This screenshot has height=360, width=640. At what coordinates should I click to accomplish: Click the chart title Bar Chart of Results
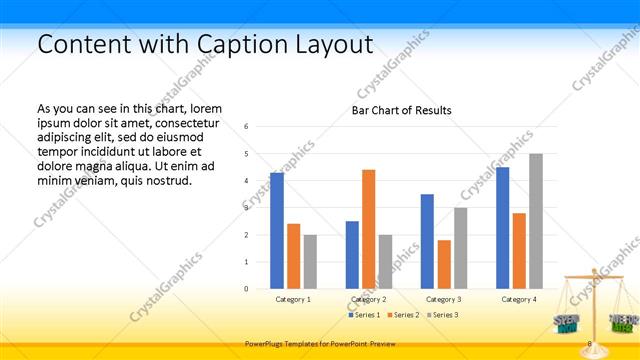pyautogui.click(x=401, y=110)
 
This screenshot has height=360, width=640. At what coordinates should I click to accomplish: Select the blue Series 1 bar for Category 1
pyautogui.click(x=277, y=231)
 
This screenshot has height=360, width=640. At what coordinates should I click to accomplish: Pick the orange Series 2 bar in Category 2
pyautogui.click(x=368, y=229)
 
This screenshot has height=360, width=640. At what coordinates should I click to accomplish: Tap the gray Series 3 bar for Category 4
pyautogui.click(x=536, y=221)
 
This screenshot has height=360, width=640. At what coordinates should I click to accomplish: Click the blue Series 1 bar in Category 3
pyautogui.click(x=427, y=241)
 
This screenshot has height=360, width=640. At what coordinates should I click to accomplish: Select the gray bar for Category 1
pyautogui.click(x=310, y=262)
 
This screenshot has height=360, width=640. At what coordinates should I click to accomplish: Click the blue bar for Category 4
pyautogui.click(x=502, y=228)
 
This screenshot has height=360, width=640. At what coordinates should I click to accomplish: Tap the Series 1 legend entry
pyautogui.click(x=363, y=315)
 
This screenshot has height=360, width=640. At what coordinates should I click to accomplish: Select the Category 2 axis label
pyautogui.click(x=368, y=299)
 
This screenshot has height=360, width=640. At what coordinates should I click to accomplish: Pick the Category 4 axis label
pyautogui.click(x=519, y=299)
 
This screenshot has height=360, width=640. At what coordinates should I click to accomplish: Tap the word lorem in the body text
pyautogui.click(x=206, y=108)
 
